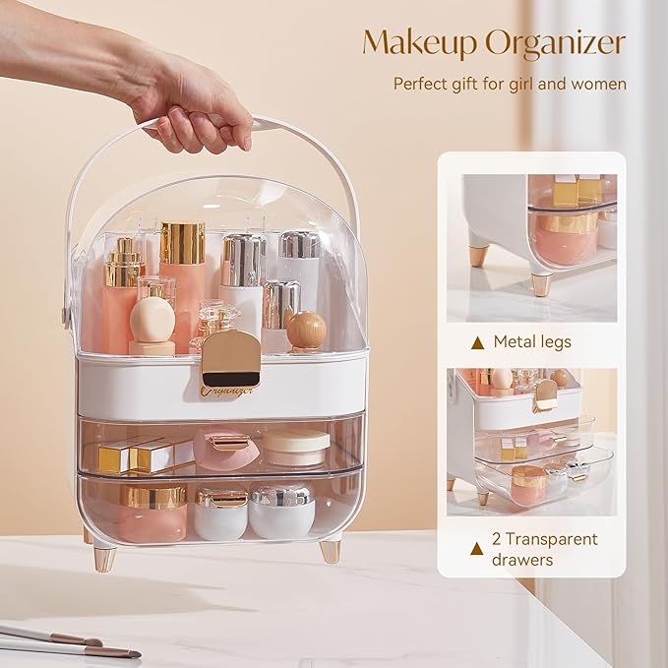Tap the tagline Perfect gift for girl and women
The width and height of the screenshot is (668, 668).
[x=510, y=84]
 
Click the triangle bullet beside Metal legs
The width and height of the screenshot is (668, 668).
[x=478, y=342]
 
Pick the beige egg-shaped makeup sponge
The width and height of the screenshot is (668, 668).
[x=152, y=321]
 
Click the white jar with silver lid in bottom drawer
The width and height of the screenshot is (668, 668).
[x=281, y=511]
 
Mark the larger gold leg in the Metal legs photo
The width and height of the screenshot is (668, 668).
[x=542, y=282]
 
